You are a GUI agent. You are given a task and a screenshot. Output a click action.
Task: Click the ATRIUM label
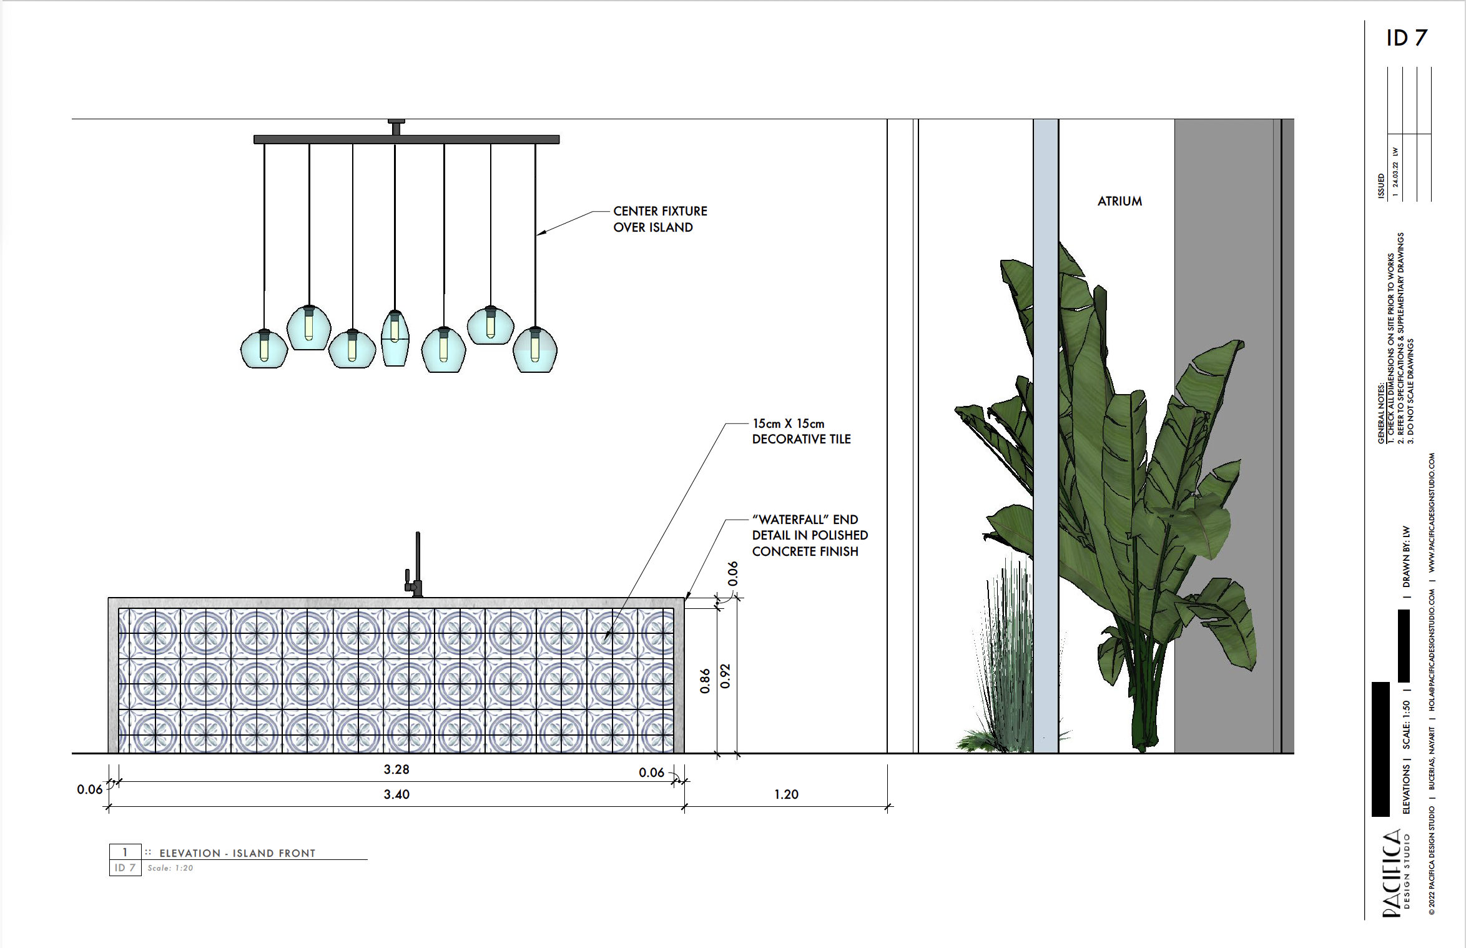[x=1119, y=201]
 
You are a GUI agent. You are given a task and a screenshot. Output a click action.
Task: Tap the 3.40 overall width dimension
[x=396, y=794]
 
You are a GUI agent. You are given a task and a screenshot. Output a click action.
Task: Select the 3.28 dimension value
[x=396, y=769]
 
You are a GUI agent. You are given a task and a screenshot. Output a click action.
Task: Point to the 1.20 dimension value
[x=786, y=794]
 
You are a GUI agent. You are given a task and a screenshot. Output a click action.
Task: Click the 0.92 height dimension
[x=725, y=676]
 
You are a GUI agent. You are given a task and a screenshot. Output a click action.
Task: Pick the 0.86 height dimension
[x=705, y=681]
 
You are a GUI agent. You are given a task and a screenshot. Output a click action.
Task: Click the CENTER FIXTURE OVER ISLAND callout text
[x=659, y=219]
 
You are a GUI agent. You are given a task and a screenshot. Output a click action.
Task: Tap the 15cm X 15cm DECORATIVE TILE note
[x=801, y=432]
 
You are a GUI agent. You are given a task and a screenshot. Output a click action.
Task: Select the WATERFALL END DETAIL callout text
[x=809, y=535]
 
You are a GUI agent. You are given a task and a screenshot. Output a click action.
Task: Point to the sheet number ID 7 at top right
[x=1406, y=38]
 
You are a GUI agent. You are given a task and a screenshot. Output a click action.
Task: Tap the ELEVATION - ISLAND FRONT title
[x=237, y=853]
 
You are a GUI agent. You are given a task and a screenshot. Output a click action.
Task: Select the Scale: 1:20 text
[x=170, y=868]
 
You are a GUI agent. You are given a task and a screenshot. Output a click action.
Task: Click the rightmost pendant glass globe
[x=535, y=351]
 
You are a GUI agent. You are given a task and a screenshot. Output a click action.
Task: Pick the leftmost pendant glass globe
[x=264, y=350]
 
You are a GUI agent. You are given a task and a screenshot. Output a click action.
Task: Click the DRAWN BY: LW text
[x=1406, y=556]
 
